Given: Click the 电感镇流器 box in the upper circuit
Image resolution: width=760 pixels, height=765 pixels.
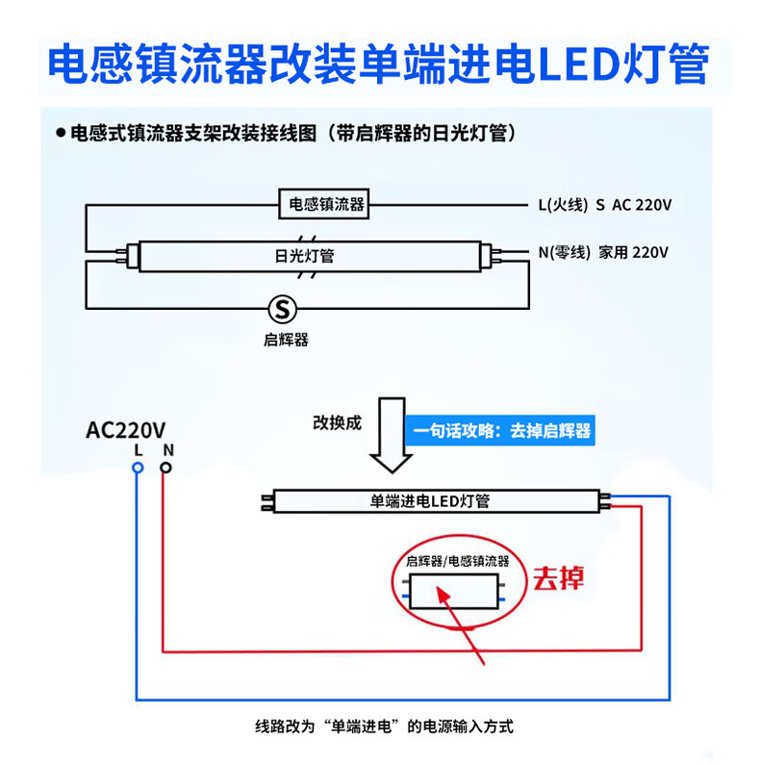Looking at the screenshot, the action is (323, 204).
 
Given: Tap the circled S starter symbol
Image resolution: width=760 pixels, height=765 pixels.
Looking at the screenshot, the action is (283, 309).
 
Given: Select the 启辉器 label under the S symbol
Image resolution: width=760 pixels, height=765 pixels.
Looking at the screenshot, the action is (286, 340).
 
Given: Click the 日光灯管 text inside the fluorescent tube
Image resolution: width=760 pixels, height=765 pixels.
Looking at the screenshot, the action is (304, 256).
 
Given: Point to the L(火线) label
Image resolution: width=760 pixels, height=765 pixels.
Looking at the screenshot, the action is (563, 204).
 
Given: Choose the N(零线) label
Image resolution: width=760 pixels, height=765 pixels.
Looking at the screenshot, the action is (565, 252).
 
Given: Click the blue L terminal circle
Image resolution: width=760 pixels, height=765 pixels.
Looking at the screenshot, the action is (138, 468).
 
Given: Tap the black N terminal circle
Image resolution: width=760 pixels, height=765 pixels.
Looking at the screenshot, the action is (165, 468).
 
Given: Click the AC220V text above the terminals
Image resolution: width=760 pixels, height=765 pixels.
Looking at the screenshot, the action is (126, 430).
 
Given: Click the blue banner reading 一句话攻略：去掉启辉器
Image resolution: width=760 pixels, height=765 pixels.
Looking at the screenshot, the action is (500, 430).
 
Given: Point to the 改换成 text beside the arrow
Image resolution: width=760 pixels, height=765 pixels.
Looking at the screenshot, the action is (337, 422).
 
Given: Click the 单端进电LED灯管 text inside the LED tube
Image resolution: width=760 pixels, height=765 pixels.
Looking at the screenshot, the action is (430, 501).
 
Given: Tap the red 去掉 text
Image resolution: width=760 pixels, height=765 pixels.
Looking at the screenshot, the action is (558, 578).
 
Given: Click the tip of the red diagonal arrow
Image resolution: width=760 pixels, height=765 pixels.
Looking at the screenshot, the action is (438, 587).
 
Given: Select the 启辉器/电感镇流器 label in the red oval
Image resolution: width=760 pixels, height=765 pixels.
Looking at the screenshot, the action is (458, 561).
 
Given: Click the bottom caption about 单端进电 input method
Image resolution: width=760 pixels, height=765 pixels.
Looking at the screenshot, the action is (385, 727).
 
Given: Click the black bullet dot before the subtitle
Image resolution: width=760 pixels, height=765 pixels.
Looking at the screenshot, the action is (61, 133).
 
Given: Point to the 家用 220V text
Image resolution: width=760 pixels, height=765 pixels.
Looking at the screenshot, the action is (633, 252).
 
